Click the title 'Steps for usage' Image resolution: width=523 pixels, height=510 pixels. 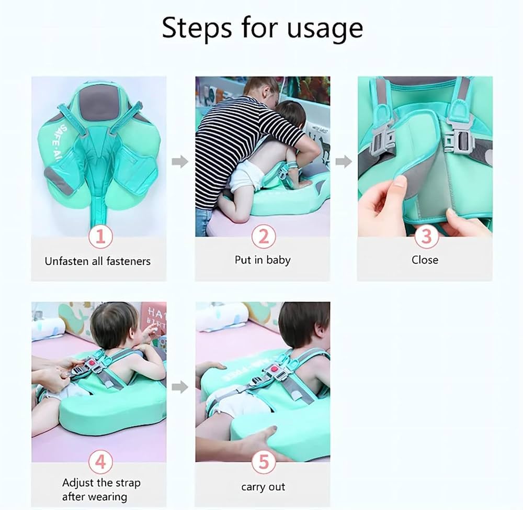pyautogui.click(x=262, y=28)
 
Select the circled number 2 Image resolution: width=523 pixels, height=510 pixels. pyautogui.click(x=263, y=237)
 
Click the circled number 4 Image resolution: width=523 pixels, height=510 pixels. pyautogui.click(x=100, y=462)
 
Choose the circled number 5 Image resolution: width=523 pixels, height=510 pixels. pyautogui.click(x=263, y=463)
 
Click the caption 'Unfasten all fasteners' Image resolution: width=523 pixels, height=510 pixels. pyautogui.click(x=98, y=261)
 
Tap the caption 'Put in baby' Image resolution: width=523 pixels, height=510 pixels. pyautogui.click(x=263, y=260)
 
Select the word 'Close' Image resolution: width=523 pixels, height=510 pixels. pyautogui.click(x=425, y=260)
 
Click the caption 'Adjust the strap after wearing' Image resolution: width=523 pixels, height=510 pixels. pyautogui.click(x=101, y=490)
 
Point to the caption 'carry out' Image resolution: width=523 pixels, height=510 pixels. pyautogui.click(x=263, y=487)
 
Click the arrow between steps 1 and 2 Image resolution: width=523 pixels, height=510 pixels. pyautogui.click(x=180, y=162)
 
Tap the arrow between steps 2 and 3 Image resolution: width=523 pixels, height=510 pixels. pyautogui.click(x=343, y=162)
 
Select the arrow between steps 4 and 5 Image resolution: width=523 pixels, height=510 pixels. pyautogui.click(x=180, y=387)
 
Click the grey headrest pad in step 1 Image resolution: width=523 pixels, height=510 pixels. pyautogui.click(x=98, y=100)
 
